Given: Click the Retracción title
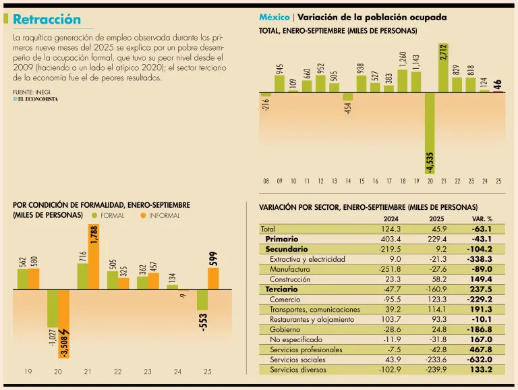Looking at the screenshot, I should click(47, 20).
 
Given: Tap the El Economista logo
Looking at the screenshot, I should click(35, 99).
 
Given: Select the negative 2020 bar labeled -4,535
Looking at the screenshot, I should click(430, 132).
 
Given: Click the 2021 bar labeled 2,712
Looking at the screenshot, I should click(443, 68).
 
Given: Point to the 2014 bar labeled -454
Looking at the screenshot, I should click(348, 96).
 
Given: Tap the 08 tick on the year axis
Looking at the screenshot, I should click(266, 181).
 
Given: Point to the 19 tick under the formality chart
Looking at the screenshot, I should click(28, 372).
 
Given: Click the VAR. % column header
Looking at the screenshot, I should click(482, 219).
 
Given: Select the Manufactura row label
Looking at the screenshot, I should click(289, 269).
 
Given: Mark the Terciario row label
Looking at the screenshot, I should click(281, 289).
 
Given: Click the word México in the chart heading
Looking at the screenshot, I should click(275, 17).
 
